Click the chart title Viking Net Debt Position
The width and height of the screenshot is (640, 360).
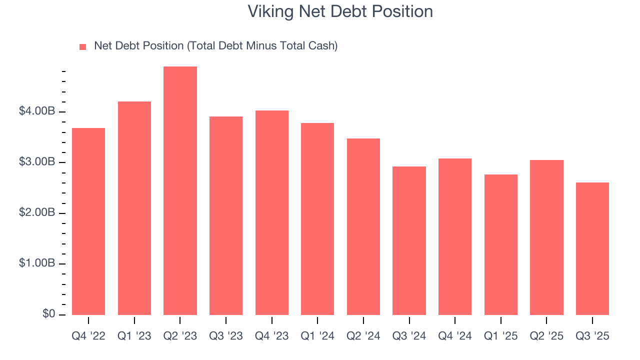pyautogui.click(x=340, y=11)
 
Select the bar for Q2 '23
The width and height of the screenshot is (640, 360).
pyautogui.click(x=180, y=190)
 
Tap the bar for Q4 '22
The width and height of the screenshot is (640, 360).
pyautogui.click(x=88, y=221)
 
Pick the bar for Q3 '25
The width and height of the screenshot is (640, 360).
pyautogui.click(x=592, y=248)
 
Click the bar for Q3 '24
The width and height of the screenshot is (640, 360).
pyautogui.click(x=409, y=240)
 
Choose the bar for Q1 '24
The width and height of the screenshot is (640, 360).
pyautogui.click(x=317, y=219)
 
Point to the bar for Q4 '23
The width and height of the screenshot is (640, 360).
pyautogui.click(x=271, y=212)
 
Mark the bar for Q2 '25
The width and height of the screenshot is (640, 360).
pyautogui.click(x=546, y=237)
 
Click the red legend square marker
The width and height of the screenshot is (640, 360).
pyautogui.click(x=83, y=47)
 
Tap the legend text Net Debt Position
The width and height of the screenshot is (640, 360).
pyautogui.click(x=216, y=46)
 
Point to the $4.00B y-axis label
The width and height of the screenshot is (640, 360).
pyautogui.click(x=36, y=111)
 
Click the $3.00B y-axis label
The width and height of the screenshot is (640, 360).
pyautogui.click(x=36, y=162)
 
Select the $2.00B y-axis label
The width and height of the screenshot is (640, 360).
pyautogui.click(x=36, y=213)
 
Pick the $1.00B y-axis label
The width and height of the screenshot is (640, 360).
pyautogui.click(x=36, y=264)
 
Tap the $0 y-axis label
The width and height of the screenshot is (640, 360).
pyautogui.click(x=48, y=314)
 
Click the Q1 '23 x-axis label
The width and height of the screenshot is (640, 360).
pyautogui.click(x=134, y=336)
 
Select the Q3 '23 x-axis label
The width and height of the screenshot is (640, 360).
pyautogui.click(x=226, y=336)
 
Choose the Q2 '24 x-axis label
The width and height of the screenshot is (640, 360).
pyautogui.click(x=363, y=336)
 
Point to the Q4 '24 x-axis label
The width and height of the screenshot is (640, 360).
pyautogui.click(x=455, y=336)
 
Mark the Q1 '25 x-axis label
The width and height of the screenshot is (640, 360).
pyautogui.click(x=500, y=336)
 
